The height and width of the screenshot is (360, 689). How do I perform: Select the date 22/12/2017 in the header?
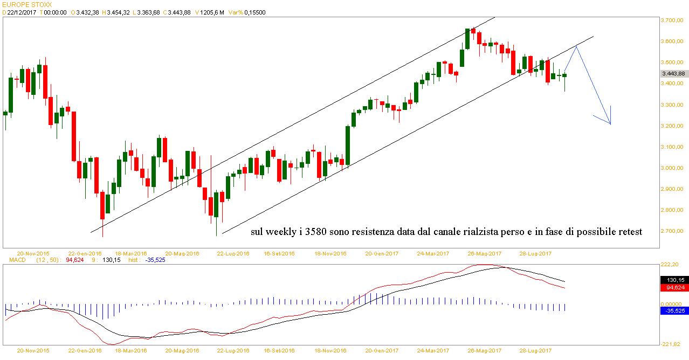pyautogui.click(x=22, y=12)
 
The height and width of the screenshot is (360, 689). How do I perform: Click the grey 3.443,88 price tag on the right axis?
pyautogui.click(x=672, y=73)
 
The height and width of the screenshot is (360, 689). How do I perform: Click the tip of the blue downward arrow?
pyautogui.click(x=610, y=124)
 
